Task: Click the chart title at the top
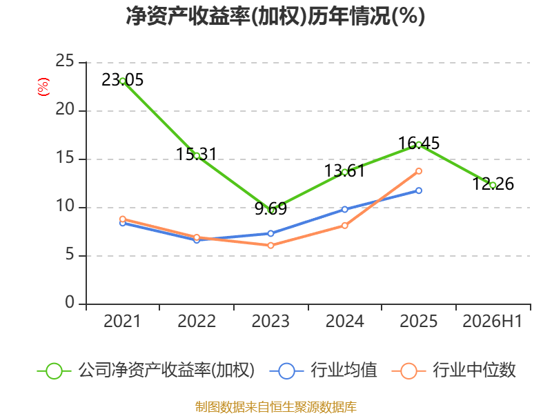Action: [x=275, y=16]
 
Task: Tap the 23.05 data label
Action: [x=123, y=80]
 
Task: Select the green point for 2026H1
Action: [x=493, y=185]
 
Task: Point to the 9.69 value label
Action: [x=270, y=209]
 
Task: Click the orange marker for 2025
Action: [x=419, y=171]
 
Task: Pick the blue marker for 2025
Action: [x=419, y=190]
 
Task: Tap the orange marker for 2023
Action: [x=270, y=246]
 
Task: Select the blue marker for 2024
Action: [x=344, y=210]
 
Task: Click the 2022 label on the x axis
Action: [x=197, y=321]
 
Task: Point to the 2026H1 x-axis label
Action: [x=492, y=321]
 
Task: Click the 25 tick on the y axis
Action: [x=65, y=61]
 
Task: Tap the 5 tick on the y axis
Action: [x=70, y=255]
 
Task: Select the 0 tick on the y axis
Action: [x=70, y=303]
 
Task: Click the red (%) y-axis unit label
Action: [x=43, y=87]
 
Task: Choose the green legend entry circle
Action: [x=55, y=371]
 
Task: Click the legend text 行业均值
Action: [x=344, y=371]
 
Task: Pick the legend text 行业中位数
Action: [x=474, y=371]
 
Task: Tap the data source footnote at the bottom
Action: [x=276, y=407]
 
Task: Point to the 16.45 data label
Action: [x=419, y=144]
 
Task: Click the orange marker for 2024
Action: [x=344, y=226]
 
